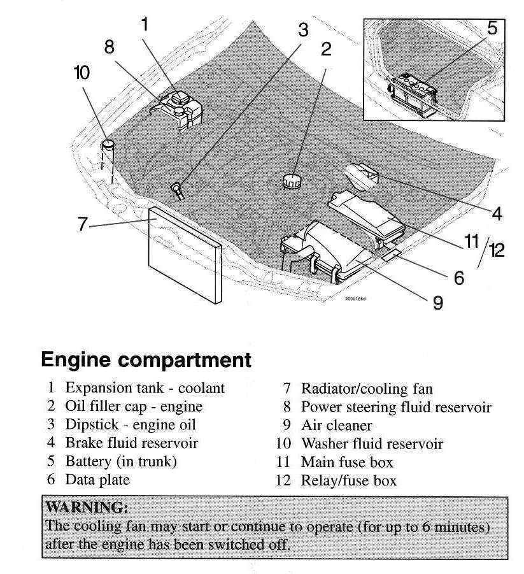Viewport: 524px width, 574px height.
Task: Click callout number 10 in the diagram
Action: pos(82,73)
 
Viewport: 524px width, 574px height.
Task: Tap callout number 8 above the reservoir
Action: pos(109,47)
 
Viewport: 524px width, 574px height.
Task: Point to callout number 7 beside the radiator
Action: pos(81,224)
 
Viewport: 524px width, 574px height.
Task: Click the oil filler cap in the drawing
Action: pos(292,179)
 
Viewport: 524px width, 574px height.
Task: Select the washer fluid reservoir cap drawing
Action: pos(109,145)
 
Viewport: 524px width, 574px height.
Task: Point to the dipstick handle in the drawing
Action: pos(177,188)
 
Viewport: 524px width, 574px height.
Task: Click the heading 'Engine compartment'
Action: pos(146,360)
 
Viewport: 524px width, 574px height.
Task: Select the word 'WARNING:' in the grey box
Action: pos(88,508)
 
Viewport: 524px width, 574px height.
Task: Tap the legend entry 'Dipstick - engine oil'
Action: pos(130,424)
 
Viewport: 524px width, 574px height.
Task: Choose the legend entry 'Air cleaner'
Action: pos(336,424)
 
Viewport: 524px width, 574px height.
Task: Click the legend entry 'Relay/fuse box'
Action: pos(348,480)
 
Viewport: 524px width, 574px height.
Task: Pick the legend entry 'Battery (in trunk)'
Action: pos(120,461)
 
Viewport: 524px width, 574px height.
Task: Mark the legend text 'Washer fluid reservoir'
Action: pos(371,443)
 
